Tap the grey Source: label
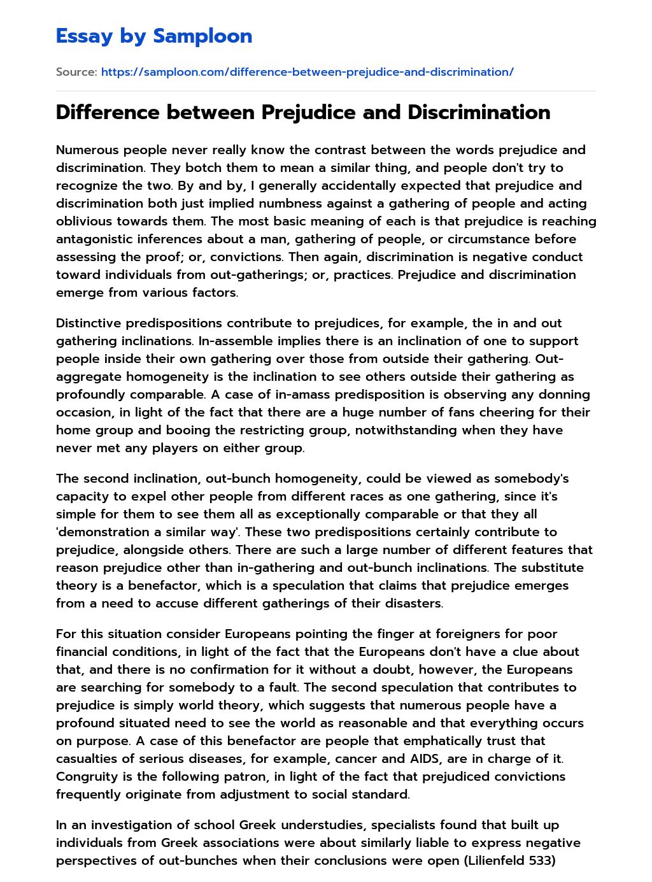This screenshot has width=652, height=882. (x=76, y=72)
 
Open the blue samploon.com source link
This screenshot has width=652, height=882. (x=307, y=72)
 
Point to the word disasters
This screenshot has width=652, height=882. (x=409, y=603)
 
